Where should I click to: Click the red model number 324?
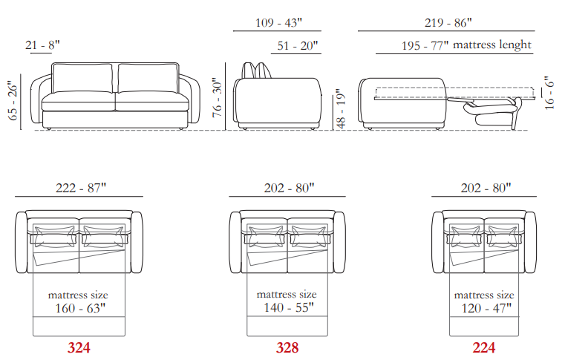point(79,347)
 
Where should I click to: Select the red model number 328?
point(287,347)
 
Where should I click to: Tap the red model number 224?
point(484,347)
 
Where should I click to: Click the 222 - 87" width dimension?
point(81,188)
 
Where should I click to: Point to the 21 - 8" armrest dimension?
point(42,45)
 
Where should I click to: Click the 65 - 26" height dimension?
point(13,100)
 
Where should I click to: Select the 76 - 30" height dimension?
point(218,97)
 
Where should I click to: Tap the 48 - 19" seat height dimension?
point(341,109)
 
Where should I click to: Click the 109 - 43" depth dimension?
point(278,23)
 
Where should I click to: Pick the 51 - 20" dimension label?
point(298,46)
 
